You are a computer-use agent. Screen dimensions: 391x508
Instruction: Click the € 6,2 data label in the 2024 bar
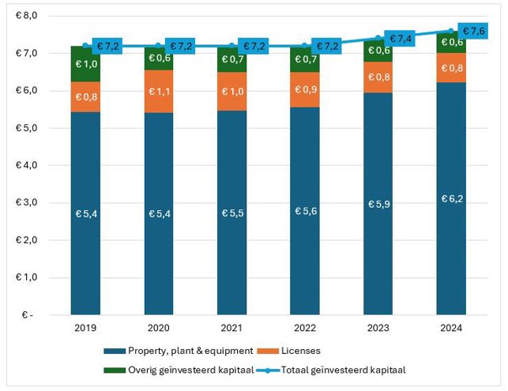(x=452, y=198)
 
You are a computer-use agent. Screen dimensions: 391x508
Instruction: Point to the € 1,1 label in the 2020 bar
(x=159, y=91)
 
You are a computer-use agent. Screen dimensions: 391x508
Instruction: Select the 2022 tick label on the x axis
(x=305, y=328)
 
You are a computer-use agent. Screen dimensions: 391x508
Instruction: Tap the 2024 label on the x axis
(x=452, y=328)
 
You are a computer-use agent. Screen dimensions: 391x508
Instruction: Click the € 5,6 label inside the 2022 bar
(x=305, y=212)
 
